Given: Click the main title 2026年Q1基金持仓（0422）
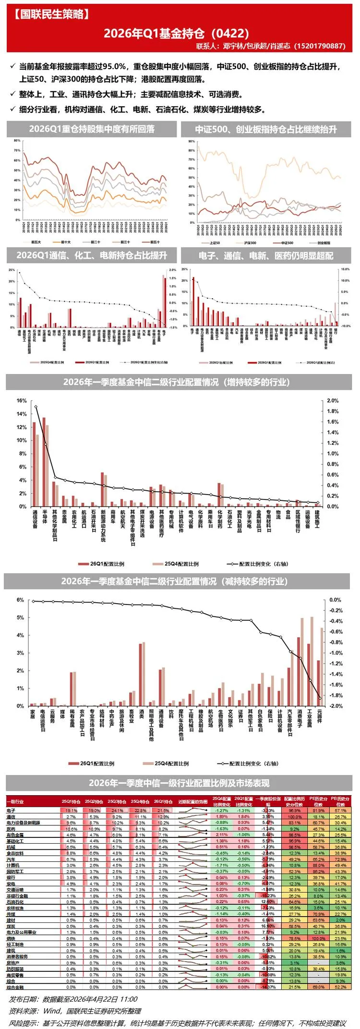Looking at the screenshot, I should [176, 33].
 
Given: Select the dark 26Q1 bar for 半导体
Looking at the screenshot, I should [44, 461].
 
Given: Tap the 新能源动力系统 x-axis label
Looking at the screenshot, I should [103, 526].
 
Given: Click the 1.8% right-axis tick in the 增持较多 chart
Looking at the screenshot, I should [333, 412].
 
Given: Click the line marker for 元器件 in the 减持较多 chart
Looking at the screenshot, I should [320, 698].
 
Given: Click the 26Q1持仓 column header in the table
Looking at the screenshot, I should [163, 801].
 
